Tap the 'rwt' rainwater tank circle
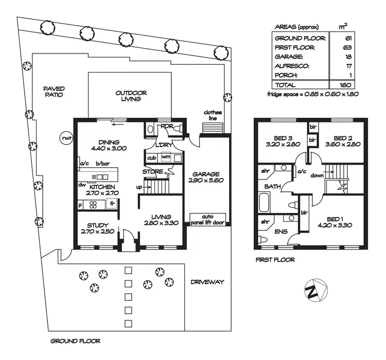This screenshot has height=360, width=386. coord(65,137)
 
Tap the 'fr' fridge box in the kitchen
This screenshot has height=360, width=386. coord(111,204)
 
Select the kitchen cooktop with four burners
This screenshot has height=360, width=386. coord(94,204)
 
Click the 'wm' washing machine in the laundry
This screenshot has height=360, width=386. coord(165,157)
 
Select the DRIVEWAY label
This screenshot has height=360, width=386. coord(207,282)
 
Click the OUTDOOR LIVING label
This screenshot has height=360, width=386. coord(131,96)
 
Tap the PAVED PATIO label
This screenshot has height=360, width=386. coord(54,92)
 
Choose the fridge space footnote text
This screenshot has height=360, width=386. coord(312,94)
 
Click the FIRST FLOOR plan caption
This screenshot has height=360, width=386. coord(275,260)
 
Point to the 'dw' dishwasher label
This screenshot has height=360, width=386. coord(82,184)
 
